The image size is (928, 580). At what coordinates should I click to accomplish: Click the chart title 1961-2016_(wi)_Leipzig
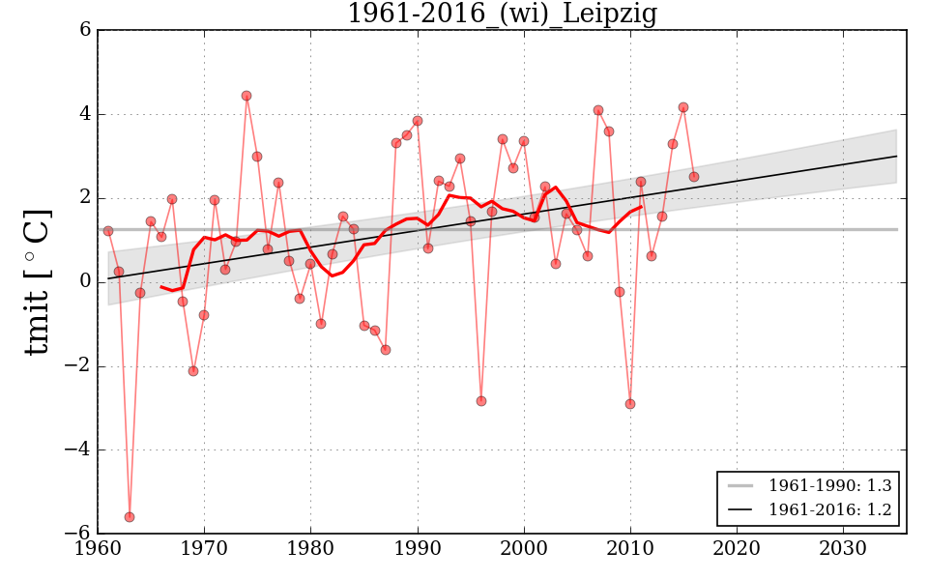[502, 14]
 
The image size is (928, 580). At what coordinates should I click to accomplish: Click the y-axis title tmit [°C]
[37, 281]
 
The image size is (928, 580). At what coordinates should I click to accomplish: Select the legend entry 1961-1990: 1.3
[829, 485]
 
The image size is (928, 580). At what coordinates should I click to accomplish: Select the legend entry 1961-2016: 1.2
[829, 509]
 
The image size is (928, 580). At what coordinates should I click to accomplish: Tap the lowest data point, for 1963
[130, 517]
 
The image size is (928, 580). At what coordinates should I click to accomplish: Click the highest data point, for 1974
[246, 96]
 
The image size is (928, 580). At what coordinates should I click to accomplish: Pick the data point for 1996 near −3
[481, 401]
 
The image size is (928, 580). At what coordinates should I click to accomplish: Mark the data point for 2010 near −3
[630, 404]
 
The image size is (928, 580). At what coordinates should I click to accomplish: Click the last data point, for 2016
[694, 177]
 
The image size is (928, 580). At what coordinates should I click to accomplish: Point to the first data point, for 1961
[108, 231]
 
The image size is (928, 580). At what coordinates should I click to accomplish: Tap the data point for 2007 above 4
[598, 110]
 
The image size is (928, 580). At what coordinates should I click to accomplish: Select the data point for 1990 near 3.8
[418, 121]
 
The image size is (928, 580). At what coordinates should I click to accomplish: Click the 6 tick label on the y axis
[85, 30]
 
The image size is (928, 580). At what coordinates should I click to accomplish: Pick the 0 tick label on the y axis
[85, 281]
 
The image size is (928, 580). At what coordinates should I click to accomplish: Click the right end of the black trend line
[896, 156]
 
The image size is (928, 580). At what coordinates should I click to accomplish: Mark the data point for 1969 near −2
[193, 371]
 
